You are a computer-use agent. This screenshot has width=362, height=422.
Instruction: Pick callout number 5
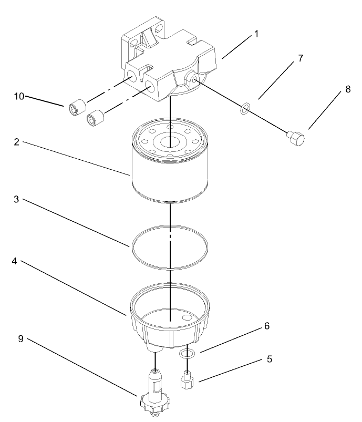[269, 359]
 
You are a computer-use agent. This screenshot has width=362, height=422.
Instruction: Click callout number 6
[266, 326]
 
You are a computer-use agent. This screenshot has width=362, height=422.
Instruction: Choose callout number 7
[300, 58]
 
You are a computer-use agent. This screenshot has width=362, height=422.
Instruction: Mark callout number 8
[347, 90]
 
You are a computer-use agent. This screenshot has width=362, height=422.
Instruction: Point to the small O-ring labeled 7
[244, 109]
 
